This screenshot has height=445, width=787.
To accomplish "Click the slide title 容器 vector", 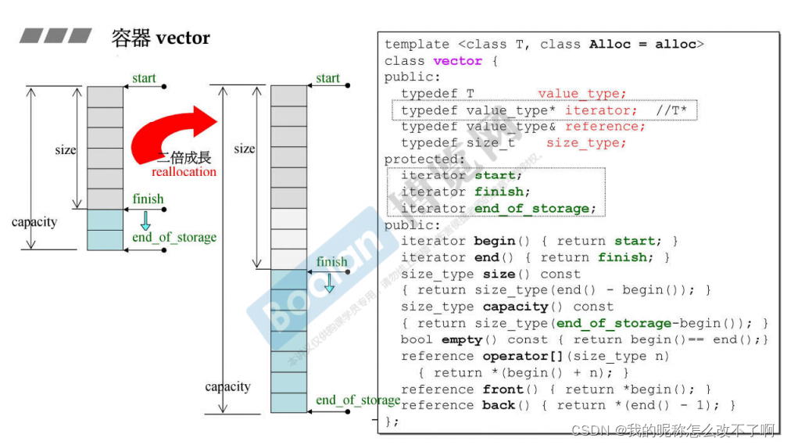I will (x=161, y=37).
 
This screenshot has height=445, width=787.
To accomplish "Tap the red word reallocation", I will (x=184, y=172).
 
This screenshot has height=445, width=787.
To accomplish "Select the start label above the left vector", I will (x=144, y=78).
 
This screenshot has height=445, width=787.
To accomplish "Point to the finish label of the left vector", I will (x=148, y=199).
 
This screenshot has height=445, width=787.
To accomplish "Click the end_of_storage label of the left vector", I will (x=173, y=238).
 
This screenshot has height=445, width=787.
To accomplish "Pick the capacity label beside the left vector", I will (x=34, y=222).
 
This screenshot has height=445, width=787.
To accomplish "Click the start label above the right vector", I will (x=328, y=78).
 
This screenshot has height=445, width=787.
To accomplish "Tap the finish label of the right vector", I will (x=332, y=262).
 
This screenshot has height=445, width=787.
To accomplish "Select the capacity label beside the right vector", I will (x=227, y=386).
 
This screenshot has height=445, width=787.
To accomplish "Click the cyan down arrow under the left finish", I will (x=145, y=220).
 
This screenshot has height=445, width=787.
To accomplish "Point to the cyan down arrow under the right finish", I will (x=329, y=282).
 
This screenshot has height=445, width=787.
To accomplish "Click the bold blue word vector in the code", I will (x=458, y=61).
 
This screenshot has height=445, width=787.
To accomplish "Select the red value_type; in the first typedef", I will (x=581, y=94).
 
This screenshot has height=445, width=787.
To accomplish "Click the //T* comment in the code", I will (x=671, y=110).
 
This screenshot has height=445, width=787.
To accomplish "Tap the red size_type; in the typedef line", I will (x=586, y=143).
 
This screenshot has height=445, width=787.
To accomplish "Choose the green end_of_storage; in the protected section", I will (x=535, y=209).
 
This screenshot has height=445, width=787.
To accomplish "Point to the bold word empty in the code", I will (x=462, y=339).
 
